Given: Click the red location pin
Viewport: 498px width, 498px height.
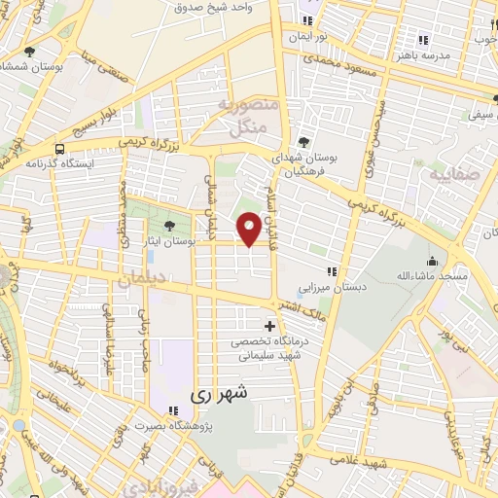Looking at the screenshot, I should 249,229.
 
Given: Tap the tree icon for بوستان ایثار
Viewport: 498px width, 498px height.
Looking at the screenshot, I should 170,226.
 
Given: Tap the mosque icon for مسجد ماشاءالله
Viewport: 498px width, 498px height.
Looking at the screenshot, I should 433,263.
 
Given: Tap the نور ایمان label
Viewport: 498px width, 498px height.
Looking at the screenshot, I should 308,37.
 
